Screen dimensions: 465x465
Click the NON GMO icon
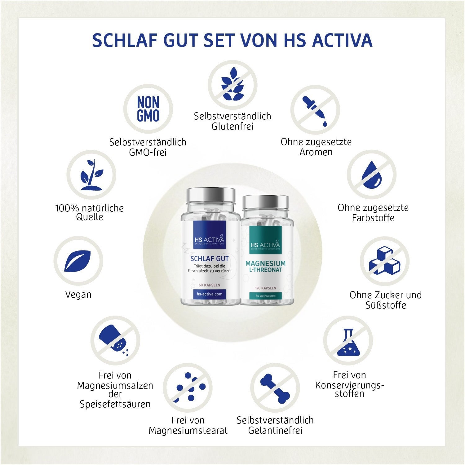tap(148, 109)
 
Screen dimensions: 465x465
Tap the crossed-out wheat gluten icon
tap(232, 85)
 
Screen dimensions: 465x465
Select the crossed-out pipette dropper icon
tap(315, 110)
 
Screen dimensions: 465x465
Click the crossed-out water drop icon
tap(371, 175)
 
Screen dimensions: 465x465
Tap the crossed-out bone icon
tap(275, 388)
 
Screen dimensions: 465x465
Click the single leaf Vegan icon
tap(78, 261)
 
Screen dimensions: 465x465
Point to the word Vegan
tap(78, 294)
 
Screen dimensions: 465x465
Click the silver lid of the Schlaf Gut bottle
tap(210, 195)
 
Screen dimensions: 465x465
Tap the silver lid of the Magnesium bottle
tap(265, 202)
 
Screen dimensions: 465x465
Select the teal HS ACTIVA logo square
tap(265, 240)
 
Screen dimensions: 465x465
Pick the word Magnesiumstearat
tap(188, 431)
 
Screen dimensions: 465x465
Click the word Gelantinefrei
tap(275, 431)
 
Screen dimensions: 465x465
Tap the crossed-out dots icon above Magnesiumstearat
tap(188, 387)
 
